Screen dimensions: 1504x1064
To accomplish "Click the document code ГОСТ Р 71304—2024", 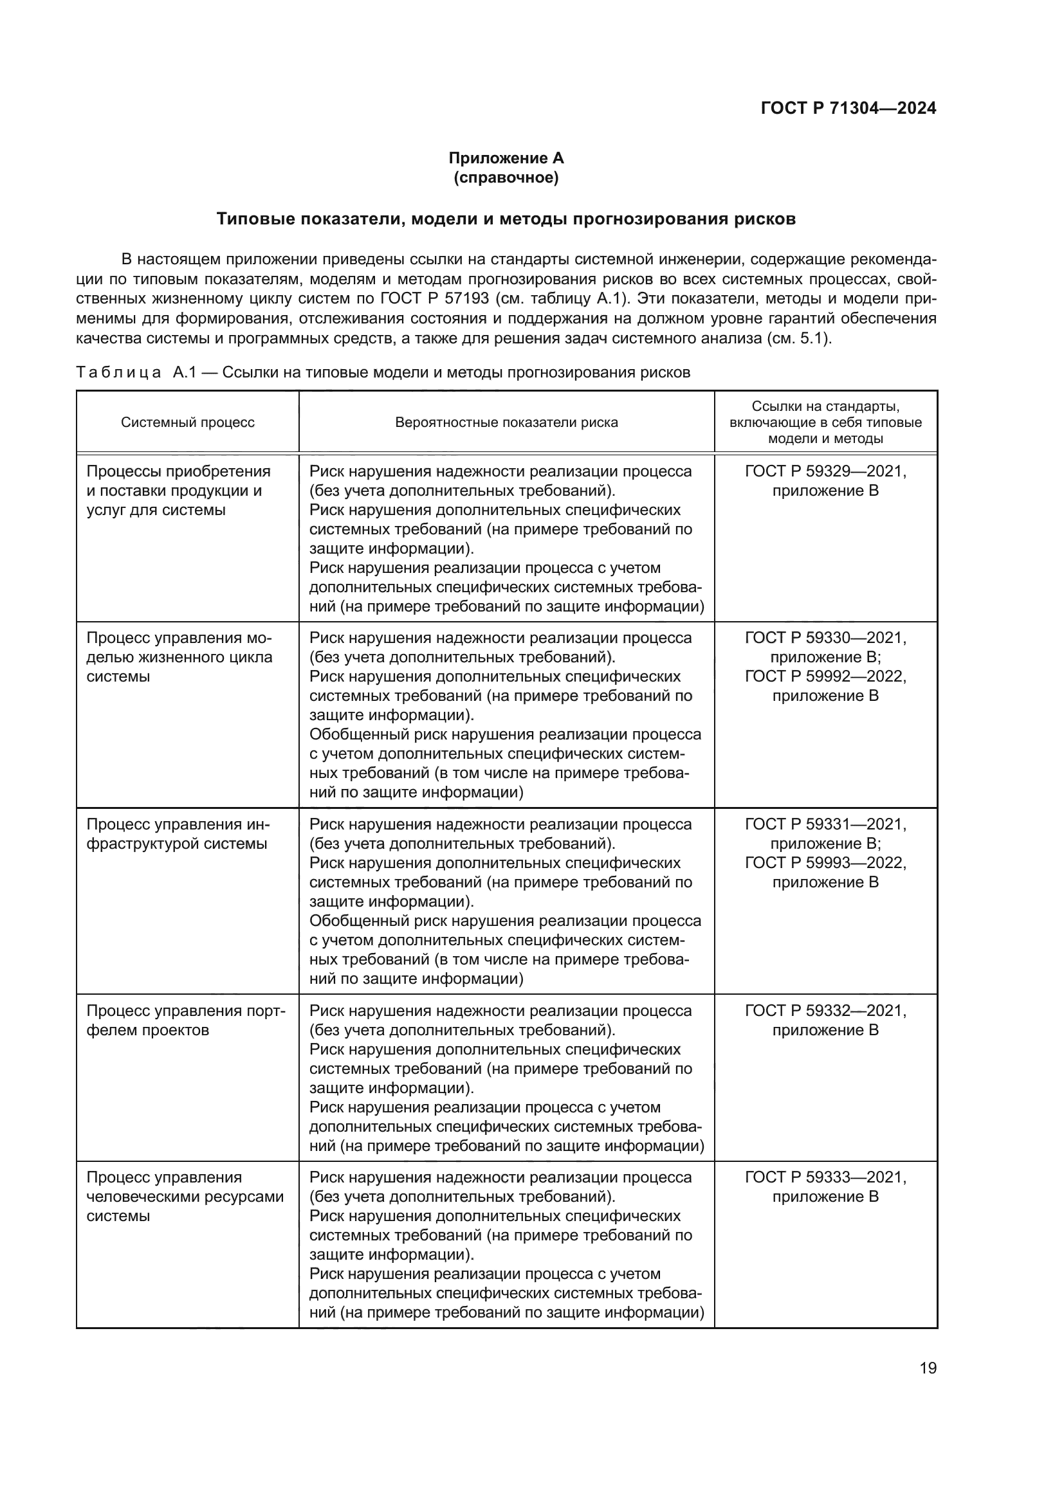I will pos(848,108).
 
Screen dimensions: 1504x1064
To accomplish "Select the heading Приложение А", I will pos(506,158).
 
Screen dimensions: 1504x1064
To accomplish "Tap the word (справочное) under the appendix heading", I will pos(506,177).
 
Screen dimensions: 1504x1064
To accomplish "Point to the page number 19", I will pos(928,1368).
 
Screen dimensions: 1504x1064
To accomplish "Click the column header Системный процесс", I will pos(187,422).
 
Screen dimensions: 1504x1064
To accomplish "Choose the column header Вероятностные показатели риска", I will pos(506,422).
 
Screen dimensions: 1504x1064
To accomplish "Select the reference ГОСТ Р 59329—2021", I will pos(825,471).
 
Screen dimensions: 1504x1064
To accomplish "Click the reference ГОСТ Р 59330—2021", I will pos(825,638).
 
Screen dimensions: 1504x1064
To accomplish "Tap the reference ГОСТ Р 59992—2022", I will pos(825,676).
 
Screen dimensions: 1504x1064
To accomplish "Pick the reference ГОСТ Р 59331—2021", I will pos(825,825).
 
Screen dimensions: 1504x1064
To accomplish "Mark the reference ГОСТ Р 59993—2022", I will pos(825,863).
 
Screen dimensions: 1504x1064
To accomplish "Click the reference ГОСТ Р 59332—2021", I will pos(825,1011).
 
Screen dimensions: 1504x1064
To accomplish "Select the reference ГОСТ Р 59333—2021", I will pos(825,1177).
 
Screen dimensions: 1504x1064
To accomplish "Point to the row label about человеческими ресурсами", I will pos(185,1197).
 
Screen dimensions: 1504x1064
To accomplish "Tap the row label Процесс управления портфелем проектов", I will pos(186,1020).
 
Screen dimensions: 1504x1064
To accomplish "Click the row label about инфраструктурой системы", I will pos(178,834).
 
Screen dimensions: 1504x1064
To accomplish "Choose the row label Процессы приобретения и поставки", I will pos(178,491).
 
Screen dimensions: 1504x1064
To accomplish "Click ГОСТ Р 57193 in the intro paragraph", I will pos(434,299).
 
